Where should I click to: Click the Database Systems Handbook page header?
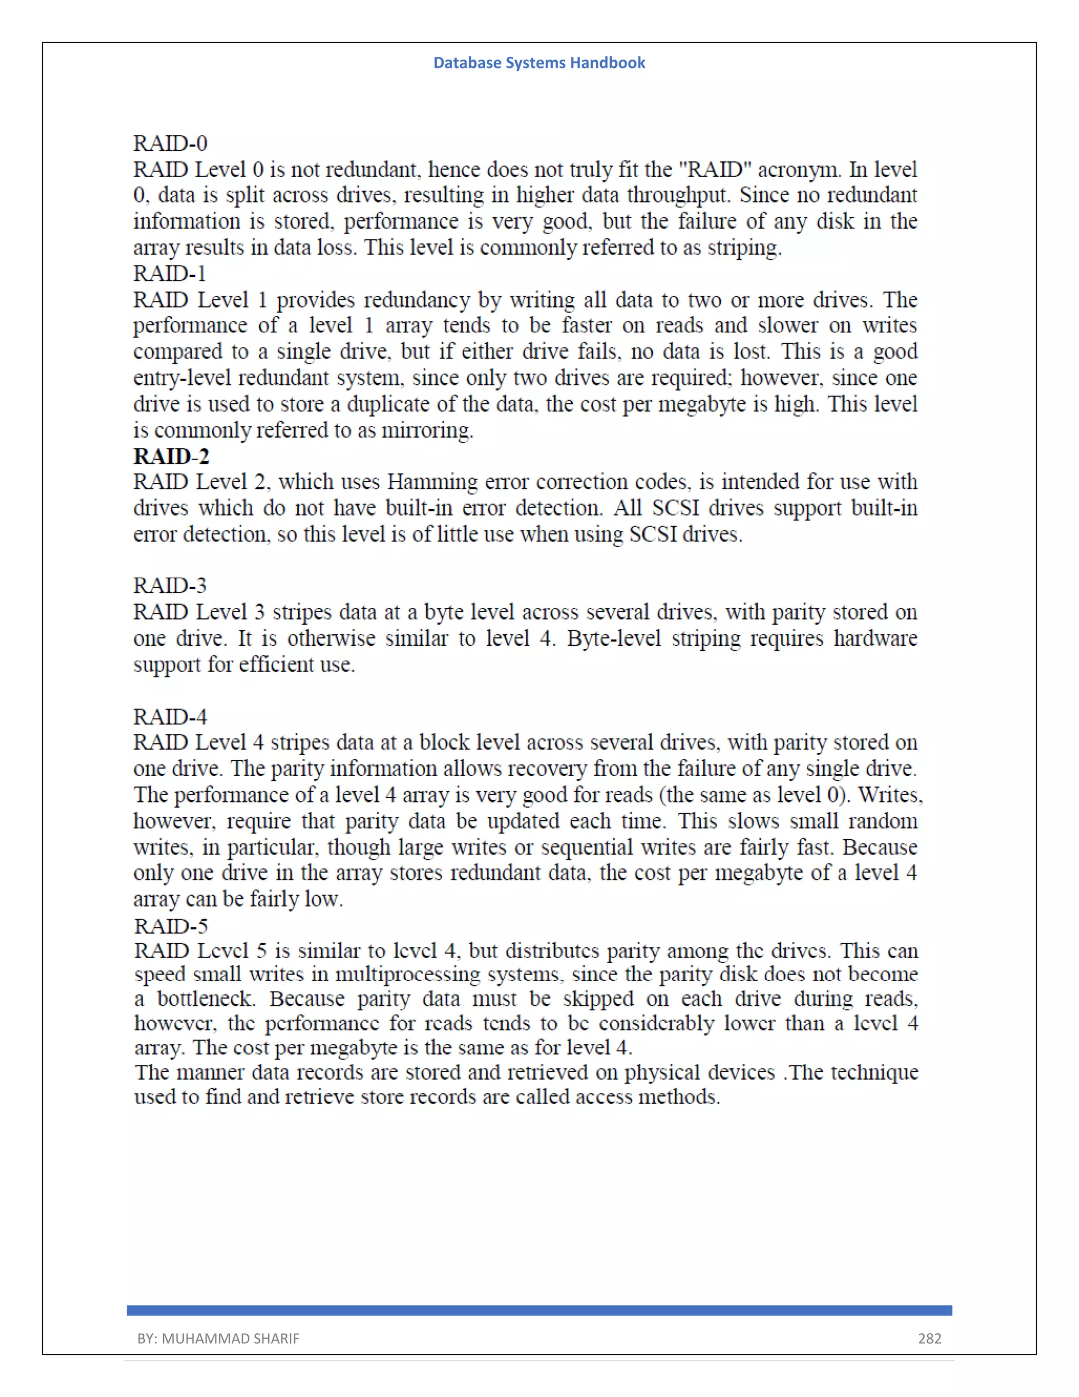539,63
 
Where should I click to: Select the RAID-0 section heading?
170,143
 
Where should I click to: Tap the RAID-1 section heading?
170,273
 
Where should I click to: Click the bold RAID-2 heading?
171,456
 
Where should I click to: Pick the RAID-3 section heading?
170,585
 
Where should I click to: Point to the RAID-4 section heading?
170,716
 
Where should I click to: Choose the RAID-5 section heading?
171,926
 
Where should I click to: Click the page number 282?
929,1338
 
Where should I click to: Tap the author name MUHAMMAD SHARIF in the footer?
230,1338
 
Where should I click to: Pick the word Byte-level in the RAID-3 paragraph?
613,638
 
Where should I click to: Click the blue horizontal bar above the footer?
539,1310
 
